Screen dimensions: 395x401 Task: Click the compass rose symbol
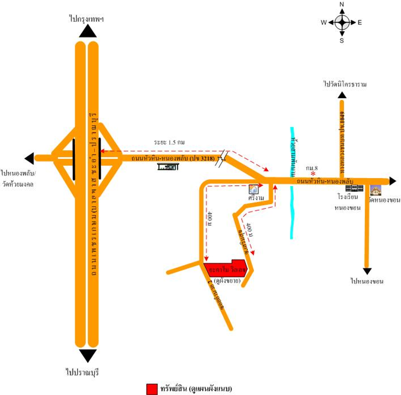tap(342, 22)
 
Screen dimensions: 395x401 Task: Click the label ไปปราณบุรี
tap(82, 372)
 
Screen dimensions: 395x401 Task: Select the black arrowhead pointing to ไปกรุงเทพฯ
tap(88, 31)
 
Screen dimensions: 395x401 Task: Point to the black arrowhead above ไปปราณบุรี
tap(88, 355)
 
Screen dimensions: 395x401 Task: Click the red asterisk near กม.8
tap(313, 174)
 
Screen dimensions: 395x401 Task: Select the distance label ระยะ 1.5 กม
tap(169, 142)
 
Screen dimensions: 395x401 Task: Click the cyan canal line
tap(292, 213)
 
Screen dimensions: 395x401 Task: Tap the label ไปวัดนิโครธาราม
tap(345, 84)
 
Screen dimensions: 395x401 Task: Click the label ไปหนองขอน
tap(367, 281)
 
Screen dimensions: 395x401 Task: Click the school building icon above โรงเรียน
tap(354, 188)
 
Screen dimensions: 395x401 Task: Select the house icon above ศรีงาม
tap(253, 189)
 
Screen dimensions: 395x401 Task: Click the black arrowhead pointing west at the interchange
tap(29, 158)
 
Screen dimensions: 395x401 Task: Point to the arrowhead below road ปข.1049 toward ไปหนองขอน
tap(367, 271)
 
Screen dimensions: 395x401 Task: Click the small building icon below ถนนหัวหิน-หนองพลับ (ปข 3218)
tap(168, 167)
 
